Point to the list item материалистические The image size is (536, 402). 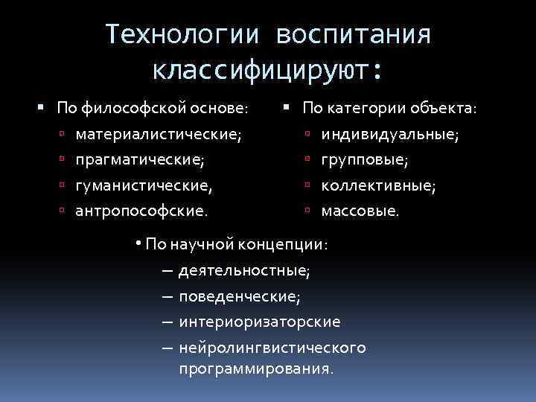tap(159, 135)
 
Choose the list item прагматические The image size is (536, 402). tap(139, 160)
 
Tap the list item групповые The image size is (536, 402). tap(365, 160)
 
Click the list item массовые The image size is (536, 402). tap(360, 211)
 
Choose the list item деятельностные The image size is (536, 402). tap(244, 270)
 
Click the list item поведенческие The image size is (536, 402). tap(239, 296)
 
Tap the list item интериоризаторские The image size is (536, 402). tap(259, 322)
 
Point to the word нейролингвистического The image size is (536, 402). tap(272, 348)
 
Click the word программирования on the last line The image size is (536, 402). tap(256, 368)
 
